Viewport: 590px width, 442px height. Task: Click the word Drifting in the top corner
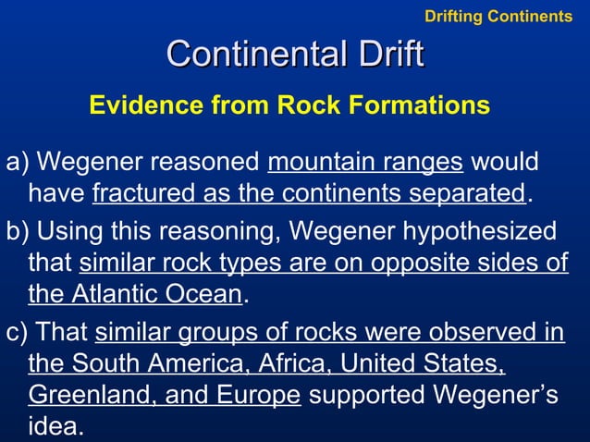pos(453,16)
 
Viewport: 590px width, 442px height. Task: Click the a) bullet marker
pos(18,164)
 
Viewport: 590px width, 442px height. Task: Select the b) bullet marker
pos(18,230)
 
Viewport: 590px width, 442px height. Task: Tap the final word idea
pos(54,427)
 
